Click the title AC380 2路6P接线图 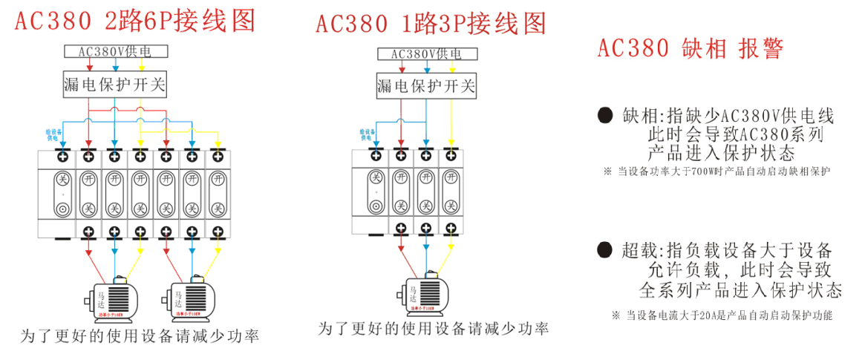pos(135,21)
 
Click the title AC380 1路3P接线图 pos(431,23)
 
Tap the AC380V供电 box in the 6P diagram pos(114,51)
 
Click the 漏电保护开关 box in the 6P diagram pos(114,85)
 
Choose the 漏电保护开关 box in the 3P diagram pos(425,87)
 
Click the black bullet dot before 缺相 pos(605,115)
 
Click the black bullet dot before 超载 pos(605,249)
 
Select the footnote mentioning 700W pos(716,171)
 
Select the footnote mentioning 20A pos(722,315)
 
